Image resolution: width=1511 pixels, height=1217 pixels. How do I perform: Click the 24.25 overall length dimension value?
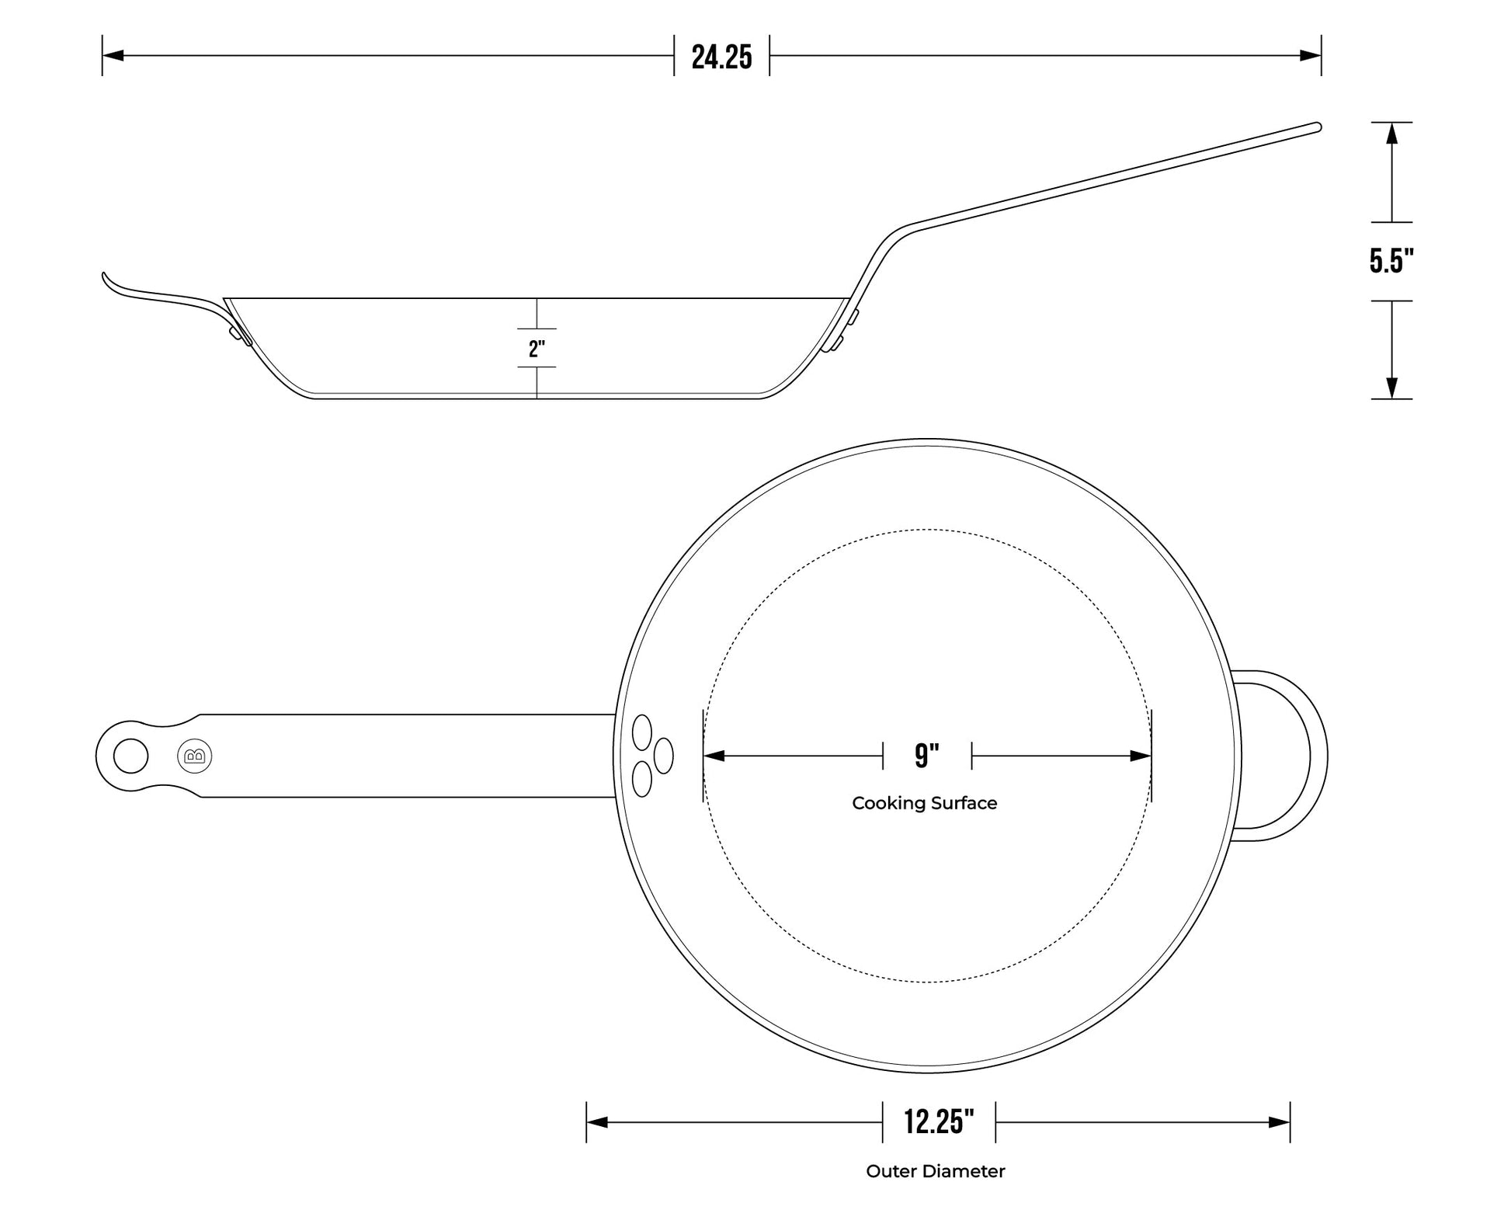coord(721,57)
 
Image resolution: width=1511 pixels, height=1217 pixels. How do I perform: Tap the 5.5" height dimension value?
coord(1391,261)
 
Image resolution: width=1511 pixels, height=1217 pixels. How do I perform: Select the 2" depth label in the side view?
coord(537,349)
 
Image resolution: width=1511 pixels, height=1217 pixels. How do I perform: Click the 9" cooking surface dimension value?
coord(926,755)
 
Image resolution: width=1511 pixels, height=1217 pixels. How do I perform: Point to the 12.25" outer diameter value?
coord(939,1121)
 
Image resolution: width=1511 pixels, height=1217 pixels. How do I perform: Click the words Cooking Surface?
coord(924,803)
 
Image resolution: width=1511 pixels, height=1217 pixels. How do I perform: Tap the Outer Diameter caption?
coord(935,1171)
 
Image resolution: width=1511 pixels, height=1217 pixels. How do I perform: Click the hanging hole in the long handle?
coord(130,756)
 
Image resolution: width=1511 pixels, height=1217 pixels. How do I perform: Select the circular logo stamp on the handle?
coord(195,756)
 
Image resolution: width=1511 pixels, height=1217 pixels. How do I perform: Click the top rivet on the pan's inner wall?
coord(642,732)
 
